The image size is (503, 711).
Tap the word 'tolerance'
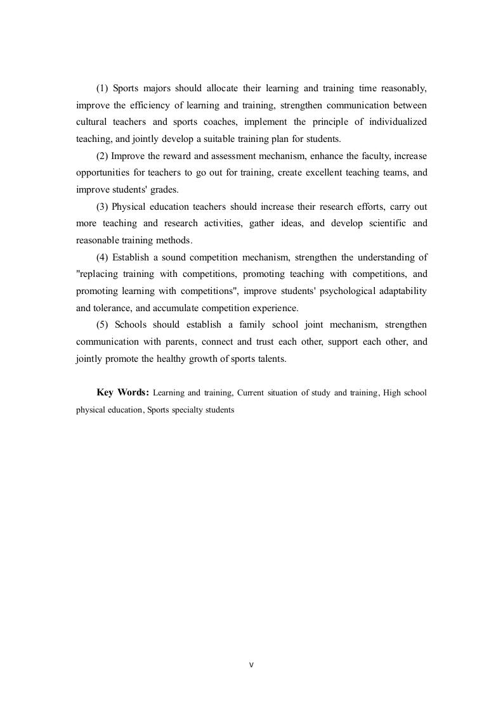point(117,308)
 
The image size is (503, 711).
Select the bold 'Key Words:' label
point(122,392)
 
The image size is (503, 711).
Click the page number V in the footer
point(251,665)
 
